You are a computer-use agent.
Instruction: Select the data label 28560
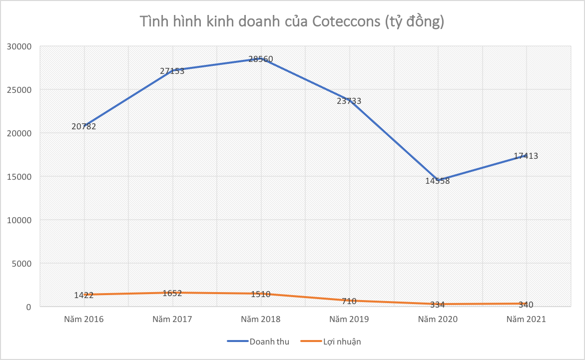(261, 59)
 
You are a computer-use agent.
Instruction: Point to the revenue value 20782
(84, 126)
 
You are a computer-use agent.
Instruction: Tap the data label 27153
(172, 71)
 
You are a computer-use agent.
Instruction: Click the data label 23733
(349, 101)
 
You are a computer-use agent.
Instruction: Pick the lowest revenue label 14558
(438, 181)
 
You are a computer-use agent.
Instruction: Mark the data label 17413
(526, 156)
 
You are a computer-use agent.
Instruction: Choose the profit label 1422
(84, 295)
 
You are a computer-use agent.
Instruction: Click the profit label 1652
(172, 293)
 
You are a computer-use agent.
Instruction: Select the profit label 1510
(261, 294)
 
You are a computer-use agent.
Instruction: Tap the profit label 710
(349, 301)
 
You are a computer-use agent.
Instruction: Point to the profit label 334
(438, 305)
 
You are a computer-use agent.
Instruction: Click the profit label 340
(526, 305)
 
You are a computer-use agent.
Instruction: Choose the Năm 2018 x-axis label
(261, 319)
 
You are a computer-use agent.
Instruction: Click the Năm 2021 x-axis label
(526, 319)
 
